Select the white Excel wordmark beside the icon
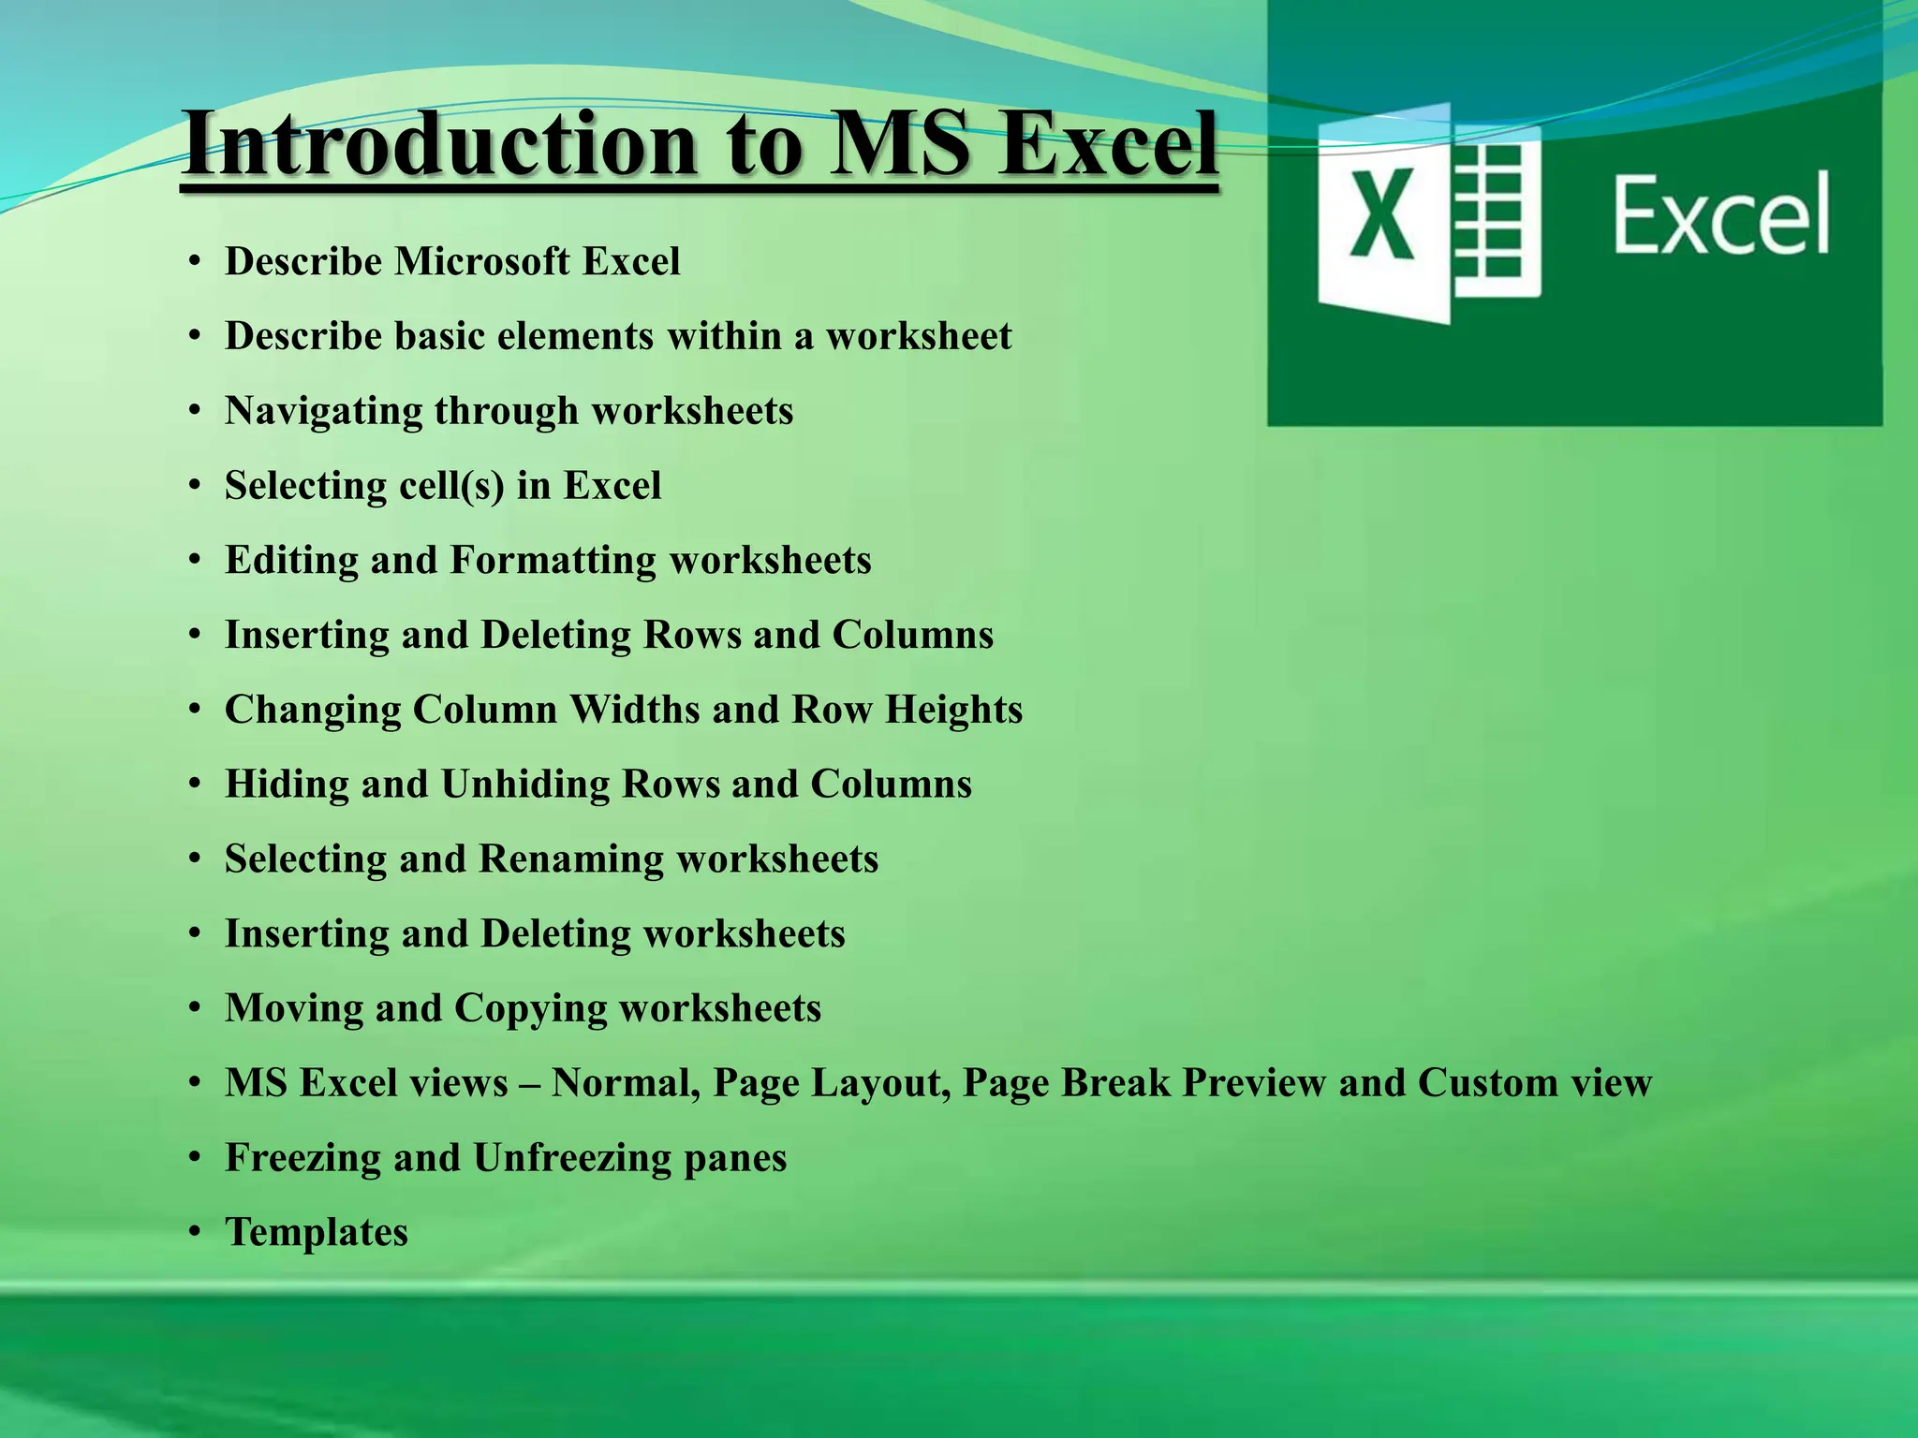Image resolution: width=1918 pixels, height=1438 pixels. (x=1721, y=213)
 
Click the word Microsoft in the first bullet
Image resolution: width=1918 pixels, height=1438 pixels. (x=481, y=261)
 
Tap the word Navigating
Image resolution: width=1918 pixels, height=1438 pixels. (x=323, y=412)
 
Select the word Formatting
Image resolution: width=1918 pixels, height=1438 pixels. (x=553, y=561)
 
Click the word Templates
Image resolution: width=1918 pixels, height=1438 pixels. (x=317, y=1232)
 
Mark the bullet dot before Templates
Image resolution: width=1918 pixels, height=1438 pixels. (x=195, y=1233)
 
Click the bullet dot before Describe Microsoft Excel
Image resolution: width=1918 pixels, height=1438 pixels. (x=195, y=262)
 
